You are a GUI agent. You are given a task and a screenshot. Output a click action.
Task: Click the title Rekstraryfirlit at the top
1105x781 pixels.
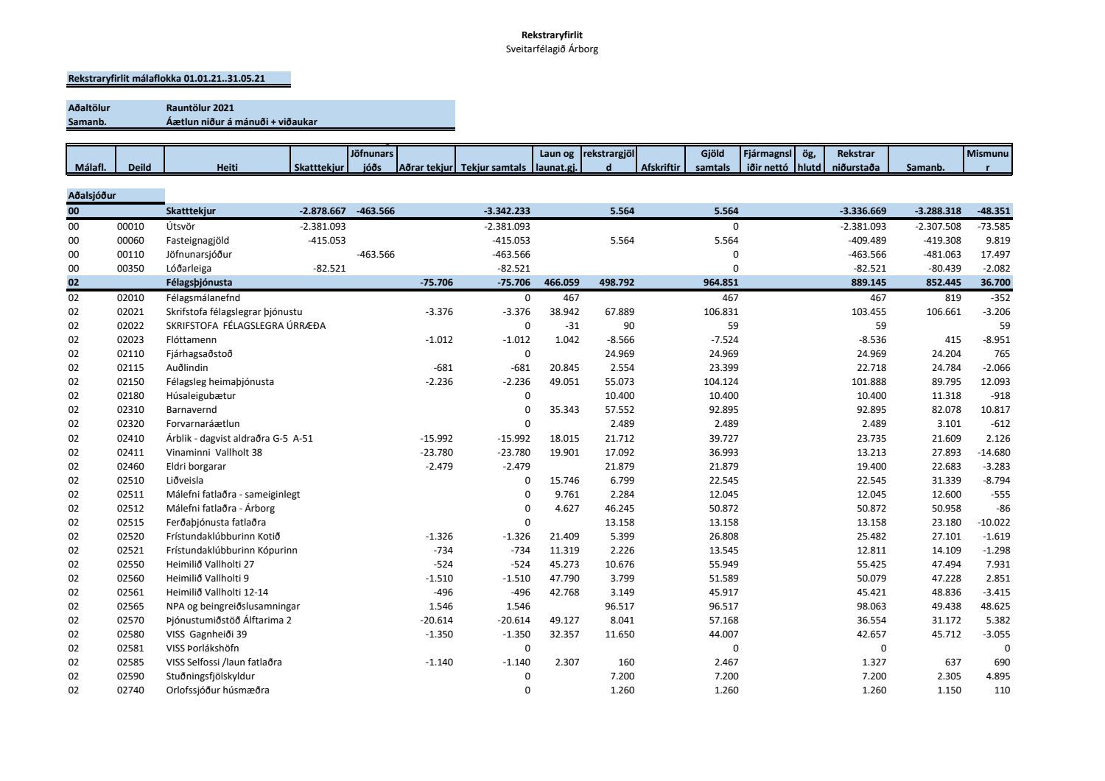click(552, 35)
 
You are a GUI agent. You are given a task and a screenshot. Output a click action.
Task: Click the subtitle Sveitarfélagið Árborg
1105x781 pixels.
click(552, 49)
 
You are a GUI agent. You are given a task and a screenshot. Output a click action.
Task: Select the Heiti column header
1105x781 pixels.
click(227, 168)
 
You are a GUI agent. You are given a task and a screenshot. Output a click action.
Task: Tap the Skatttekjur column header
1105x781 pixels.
click(319, 168)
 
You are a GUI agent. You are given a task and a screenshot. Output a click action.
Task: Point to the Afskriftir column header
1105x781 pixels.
click(660, 168)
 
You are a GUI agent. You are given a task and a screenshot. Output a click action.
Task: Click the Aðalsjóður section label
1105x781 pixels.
click(92, 196)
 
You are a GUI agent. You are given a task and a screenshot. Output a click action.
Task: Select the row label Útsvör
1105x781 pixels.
click(180, 227)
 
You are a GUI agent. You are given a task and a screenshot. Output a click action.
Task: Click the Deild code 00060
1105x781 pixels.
click(130, 241)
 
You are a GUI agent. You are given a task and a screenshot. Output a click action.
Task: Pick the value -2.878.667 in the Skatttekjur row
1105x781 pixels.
click(323, 211)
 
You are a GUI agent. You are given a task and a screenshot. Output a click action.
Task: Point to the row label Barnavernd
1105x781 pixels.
click(191, 410)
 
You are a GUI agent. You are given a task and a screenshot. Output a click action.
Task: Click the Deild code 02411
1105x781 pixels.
click(130, 453)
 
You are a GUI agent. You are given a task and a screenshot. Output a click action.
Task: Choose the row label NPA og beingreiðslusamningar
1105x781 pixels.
click(233, 607)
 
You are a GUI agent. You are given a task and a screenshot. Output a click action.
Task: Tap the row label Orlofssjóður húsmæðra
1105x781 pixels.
click(217, 690)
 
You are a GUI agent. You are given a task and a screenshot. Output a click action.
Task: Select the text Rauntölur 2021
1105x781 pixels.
click(200, 108)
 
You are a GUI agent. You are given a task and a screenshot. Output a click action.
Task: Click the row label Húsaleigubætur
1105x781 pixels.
click(200, 396)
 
